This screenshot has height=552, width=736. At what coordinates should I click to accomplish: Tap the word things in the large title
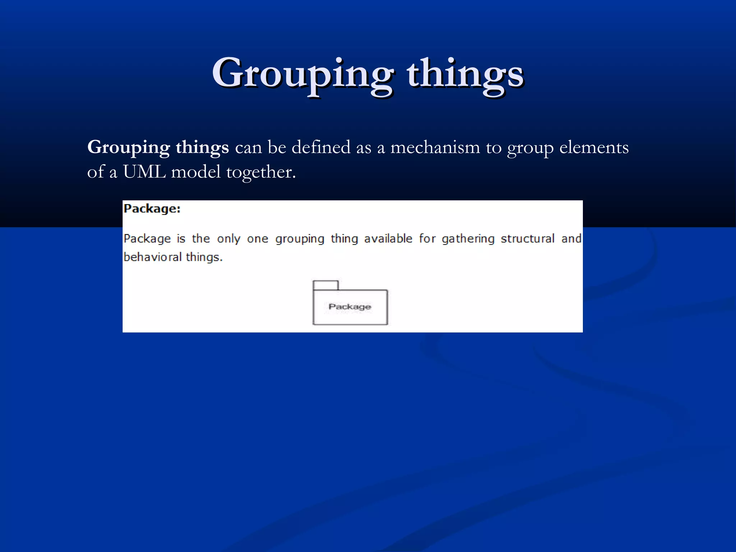[465, 74]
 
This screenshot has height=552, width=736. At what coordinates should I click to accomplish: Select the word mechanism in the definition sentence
[435, 147]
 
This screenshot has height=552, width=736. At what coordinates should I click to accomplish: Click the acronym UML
[144, 172]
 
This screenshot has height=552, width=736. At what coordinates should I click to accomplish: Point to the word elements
[594, 147]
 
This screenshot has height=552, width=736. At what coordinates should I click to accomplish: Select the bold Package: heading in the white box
[152, 209]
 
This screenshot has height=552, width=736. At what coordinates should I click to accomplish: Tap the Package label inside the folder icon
[350, 307]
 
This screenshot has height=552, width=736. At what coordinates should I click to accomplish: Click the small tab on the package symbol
[326, 285]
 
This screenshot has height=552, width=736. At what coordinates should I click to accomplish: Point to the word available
[388, 239]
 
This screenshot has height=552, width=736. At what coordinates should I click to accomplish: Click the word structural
[528, 239]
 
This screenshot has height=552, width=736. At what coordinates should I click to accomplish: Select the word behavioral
[153, 257]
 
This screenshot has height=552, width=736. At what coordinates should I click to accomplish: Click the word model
[196, 172]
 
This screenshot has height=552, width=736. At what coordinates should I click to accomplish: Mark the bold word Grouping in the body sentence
[129, 148]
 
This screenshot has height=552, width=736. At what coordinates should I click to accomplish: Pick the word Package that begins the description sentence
[147, 239]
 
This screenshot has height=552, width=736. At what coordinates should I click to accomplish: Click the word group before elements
[530, 148]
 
